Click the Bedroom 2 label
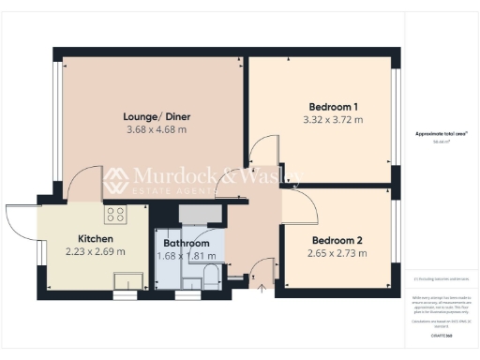tap(337, 240)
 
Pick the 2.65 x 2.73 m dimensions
tap(337, 253)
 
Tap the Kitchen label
tap(96, 239)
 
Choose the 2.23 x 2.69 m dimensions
tap(96, 252)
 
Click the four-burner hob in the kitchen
tap(116, 215)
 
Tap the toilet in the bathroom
tap(212, 276)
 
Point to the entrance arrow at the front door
tap(262, 290)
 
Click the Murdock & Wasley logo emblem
tap(115, 181)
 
